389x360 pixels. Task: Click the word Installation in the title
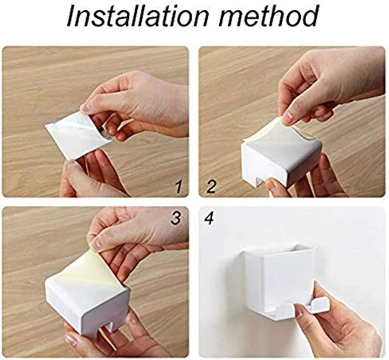132,16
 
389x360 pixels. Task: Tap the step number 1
178,187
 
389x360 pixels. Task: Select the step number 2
210,187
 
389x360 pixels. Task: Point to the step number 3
176,218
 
